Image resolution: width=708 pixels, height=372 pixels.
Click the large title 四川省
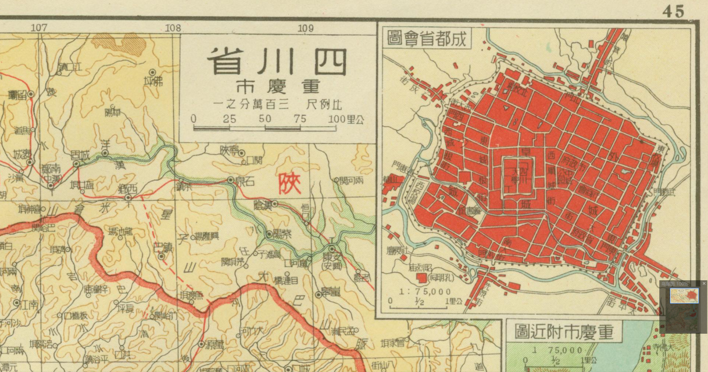277,62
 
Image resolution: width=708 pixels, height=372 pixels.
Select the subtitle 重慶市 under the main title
278,87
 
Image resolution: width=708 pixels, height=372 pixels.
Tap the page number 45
673,10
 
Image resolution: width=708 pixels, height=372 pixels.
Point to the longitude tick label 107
39,27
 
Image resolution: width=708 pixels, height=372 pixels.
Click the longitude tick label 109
305,27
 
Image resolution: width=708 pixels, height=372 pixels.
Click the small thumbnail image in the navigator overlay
684,296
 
